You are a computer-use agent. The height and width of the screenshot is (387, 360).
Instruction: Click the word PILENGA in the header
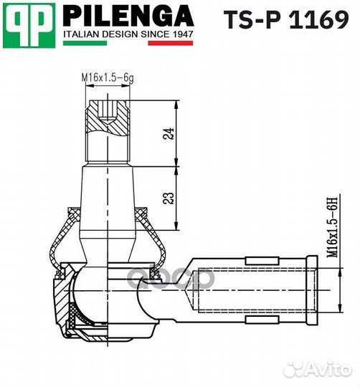(x=128, y=15)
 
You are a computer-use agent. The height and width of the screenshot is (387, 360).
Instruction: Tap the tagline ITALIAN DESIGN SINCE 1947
(x=128, y=33)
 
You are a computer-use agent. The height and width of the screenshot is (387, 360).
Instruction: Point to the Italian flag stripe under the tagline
(x=128, y=43)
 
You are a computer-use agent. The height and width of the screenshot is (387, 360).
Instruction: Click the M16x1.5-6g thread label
(x=106, y=77)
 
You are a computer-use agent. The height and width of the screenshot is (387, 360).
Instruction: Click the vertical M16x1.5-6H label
(x=331, y=228)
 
